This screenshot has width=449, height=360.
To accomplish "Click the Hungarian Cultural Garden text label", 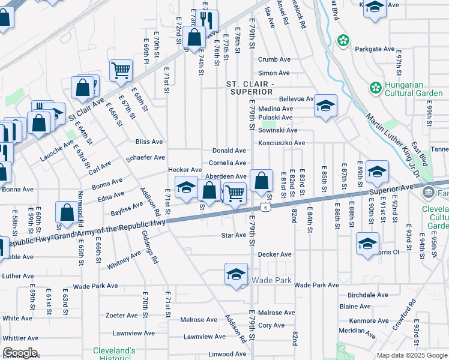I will click(x=414, y=87).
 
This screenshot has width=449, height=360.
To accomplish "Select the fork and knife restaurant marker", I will click(x=207, y=19).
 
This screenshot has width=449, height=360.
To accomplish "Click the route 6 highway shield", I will click(x=265, y=207).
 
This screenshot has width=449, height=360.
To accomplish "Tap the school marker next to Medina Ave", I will click(x=325, y=106).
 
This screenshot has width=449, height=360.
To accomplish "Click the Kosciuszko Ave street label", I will click(x=282, y=143).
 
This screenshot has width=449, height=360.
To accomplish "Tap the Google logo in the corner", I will click(x=20, y=353).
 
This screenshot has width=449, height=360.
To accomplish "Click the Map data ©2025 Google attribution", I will click(x=412, y=355).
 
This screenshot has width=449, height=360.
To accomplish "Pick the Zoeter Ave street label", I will click(x=122, y=315).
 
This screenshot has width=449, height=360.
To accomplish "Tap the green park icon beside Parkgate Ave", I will click(x=343, y=41).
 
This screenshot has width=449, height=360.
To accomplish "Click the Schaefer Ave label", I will click(x=145, y=157).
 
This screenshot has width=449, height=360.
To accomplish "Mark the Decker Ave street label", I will click(x=274, y=254).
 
